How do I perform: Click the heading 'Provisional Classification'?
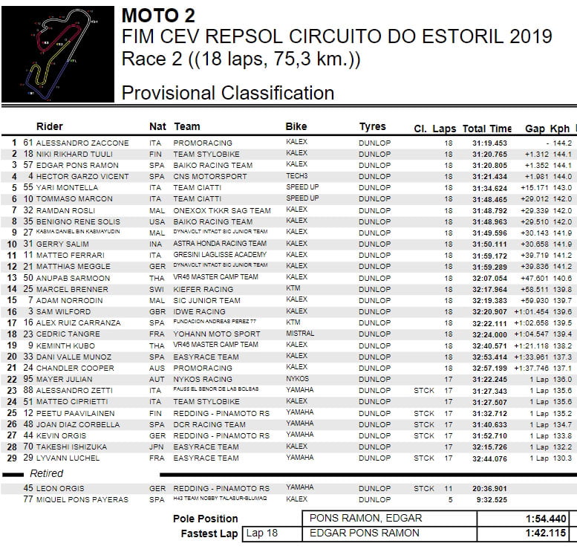(x=227, y=93)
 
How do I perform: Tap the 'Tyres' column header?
(x=372, y=127)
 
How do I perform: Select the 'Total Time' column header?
(x=486, y=128)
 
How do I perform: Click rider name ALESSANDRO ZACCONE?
(x=82, y=143)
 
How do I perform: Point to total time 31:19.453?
(x=489, y=143)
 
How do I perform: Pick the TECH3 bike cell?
(x=297, y=176)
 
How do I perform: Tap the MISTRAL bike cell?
(x=299, y=334)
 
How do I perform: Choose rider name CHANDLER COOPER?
(x=77, y=368)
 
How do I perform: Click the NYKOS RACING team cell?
(x=203, y=379)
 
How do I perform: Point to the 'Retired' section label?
(x=46, y=473)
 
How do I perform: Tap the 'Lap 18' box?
(x=261, y=533)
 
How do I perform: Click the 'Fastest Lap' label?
(x=209, y=533)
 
